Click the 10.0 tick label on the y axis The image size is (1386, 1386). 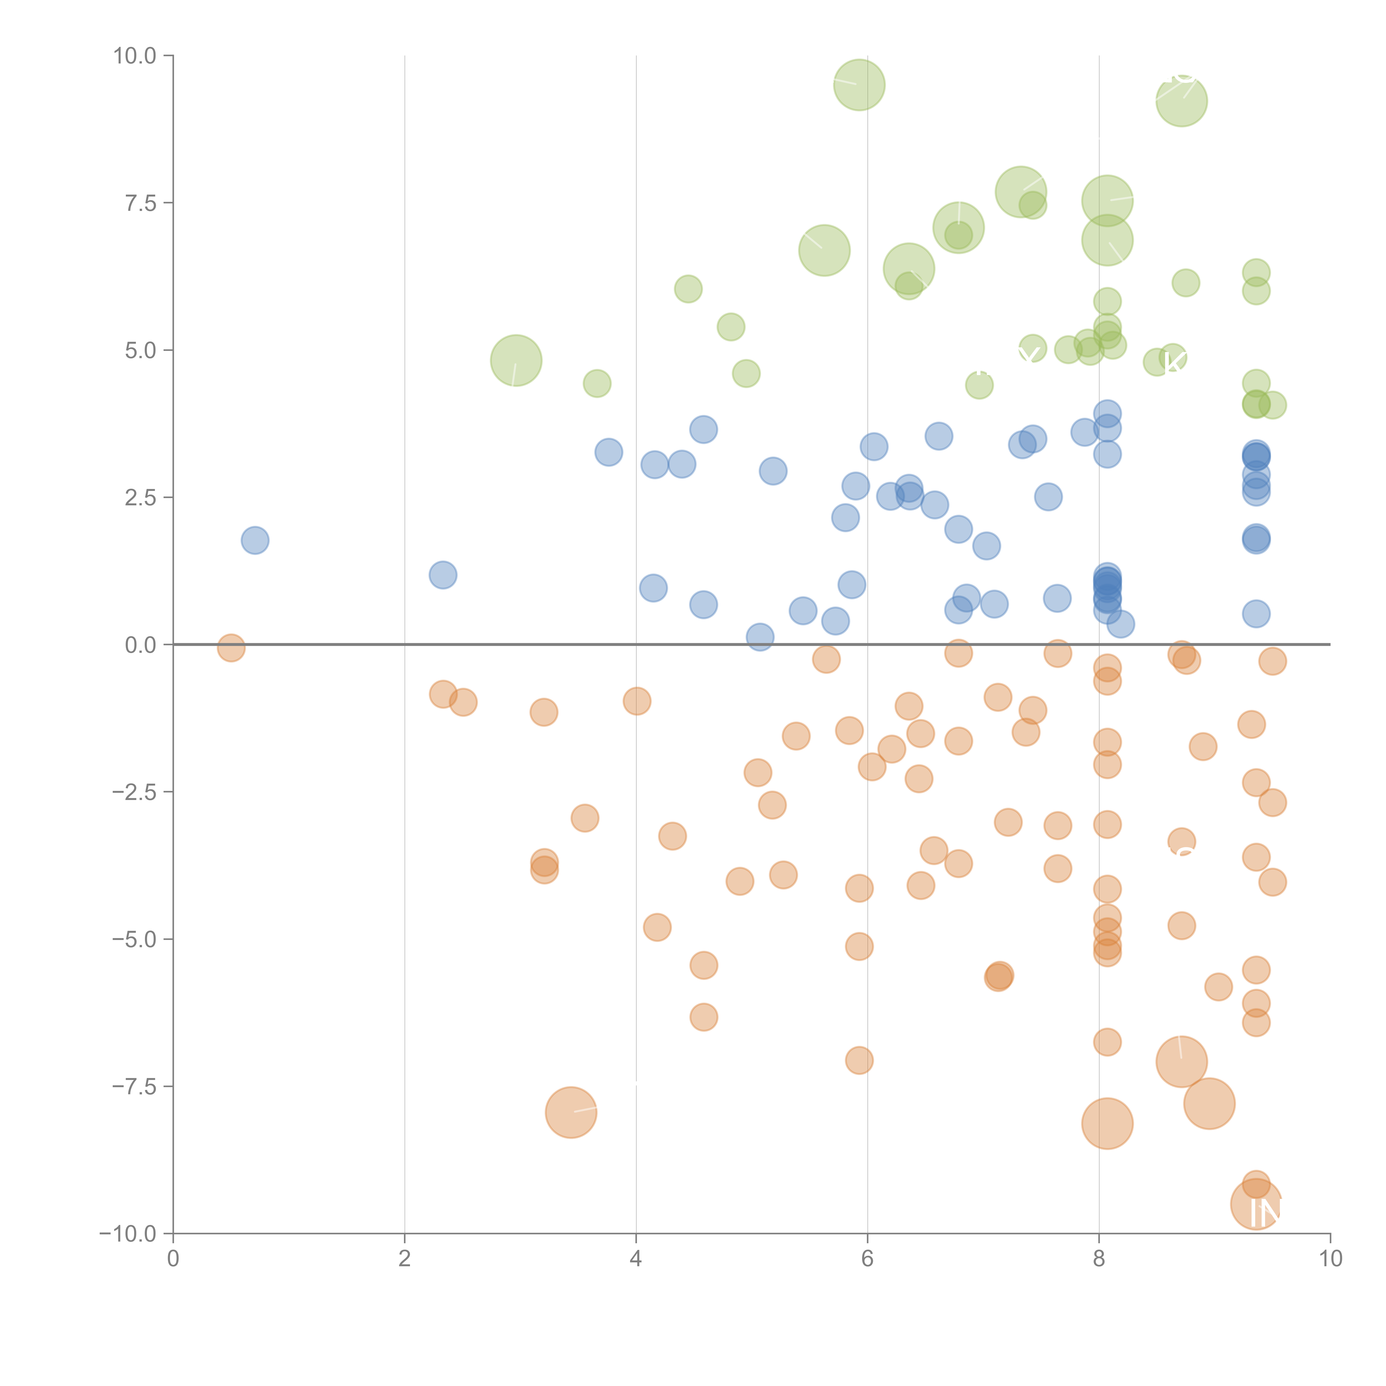(135, 56)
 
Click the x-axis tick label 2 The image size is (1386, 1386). (405, 1259)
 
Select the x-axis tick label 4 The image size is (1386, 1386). (636, 1259)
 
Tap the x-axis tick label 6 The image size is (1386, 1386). (867, 1259)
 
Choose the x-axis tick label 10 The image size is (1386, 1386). (1330, 1259)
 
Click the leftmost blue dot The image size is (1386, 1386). (255, 540)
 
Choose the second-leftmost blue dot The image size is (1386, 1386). (443, 575)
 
